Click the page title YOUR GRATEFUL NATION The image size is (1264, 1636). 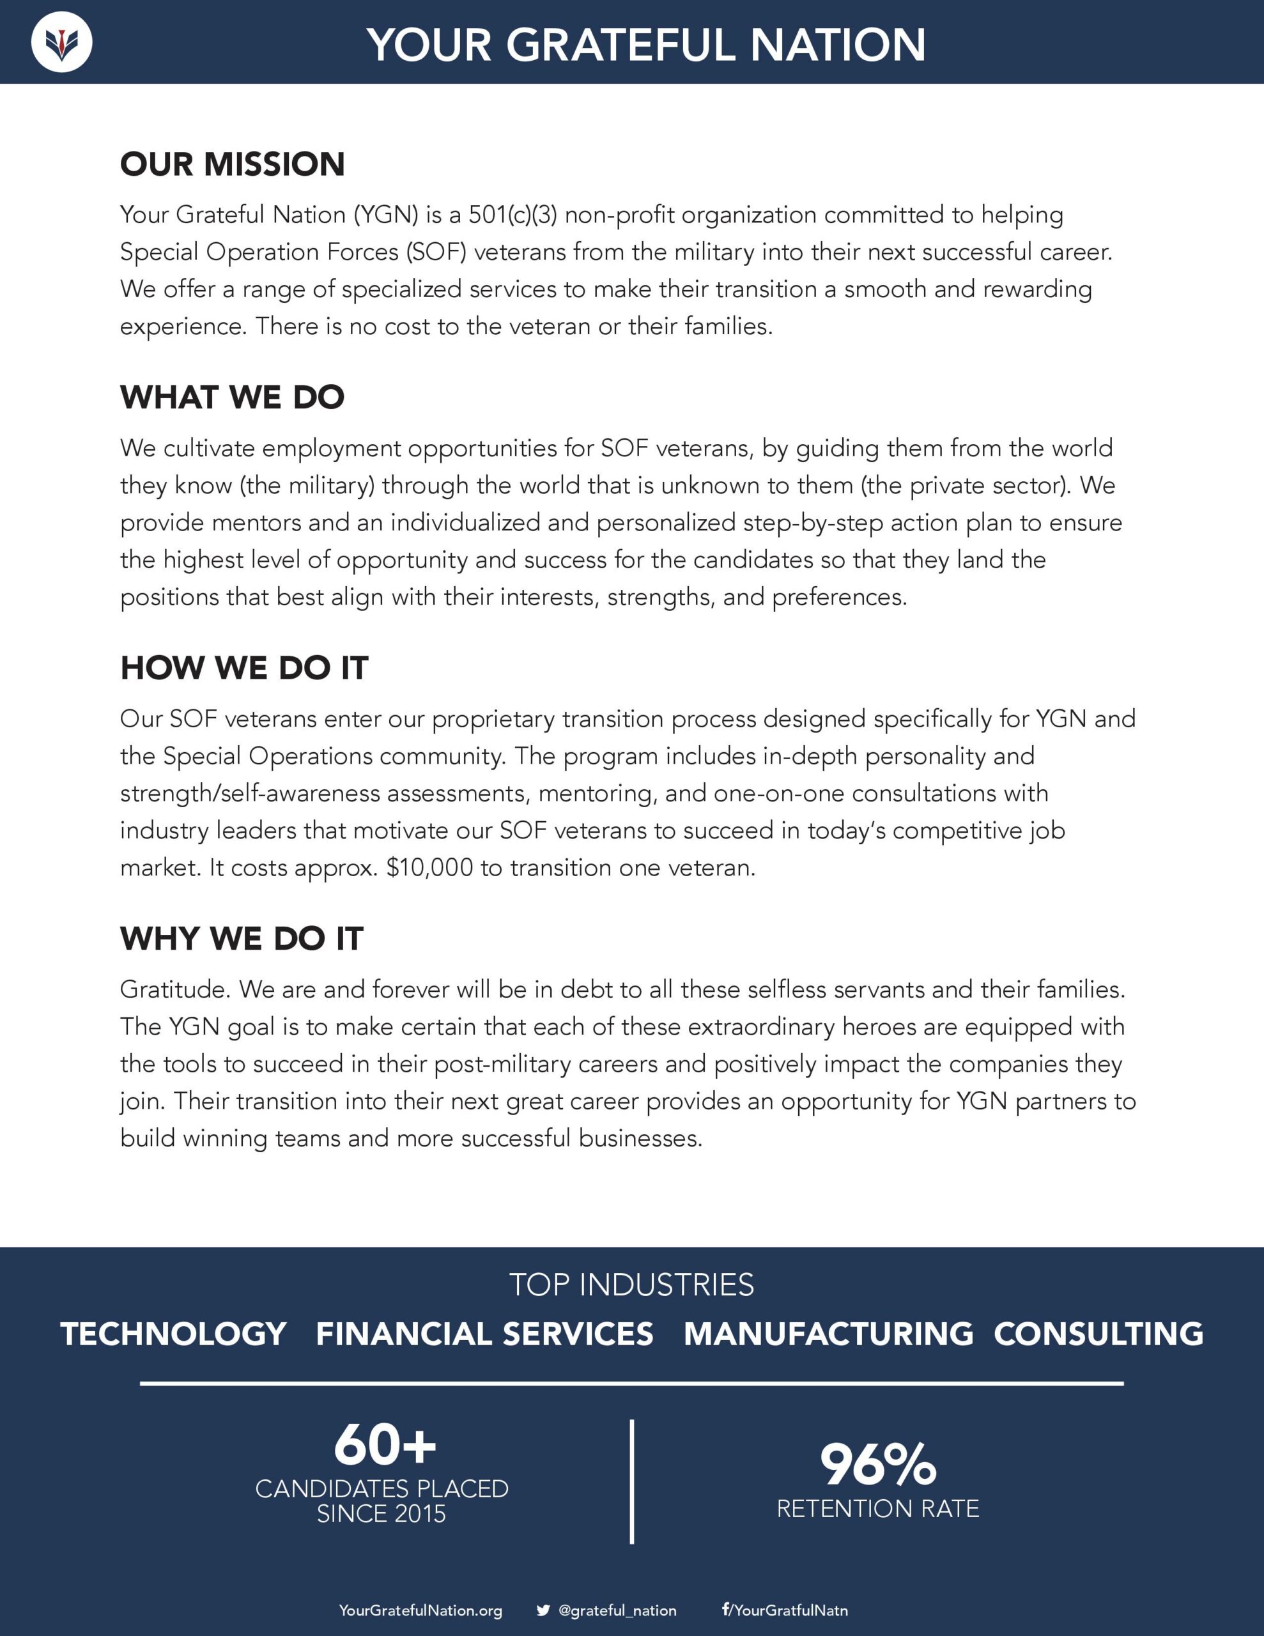(646, 45)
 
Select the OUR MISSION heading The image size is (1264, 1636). (232, 164)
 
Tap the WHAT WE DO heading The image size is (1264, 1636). (232, 397)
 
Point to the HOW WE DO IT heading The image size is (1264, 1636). (244, 667)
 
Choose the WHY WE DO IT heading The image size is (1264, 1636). (242, 939)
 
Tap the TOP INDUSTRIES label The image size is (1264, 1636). (631, 1285)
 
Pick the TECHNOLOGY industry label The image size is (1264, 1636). (173, 1334)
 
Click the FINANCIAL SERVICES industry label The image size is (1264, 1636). (484, 1334)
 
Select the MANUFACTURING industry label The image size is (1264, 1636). (828, 1334)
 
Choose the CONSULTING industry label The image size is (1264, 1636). (1098, 1334)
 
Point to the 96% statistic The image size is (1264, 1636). (877, 1465)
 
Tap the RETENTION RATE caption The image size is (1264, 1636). (877, 1509)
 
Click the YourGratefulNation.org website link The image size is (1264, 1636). (420, 1610)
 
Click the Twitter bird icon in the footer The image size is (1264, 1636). (543, 1610)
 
